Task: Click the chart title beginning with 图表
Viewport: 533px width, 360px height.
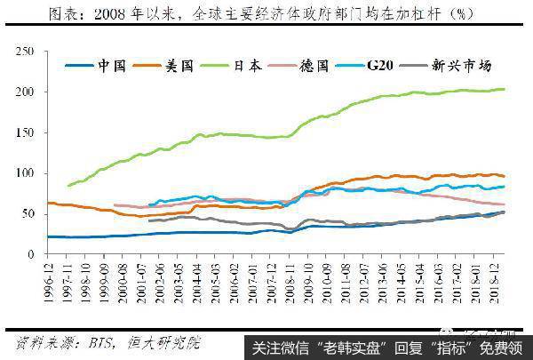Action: pos(266,12)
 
